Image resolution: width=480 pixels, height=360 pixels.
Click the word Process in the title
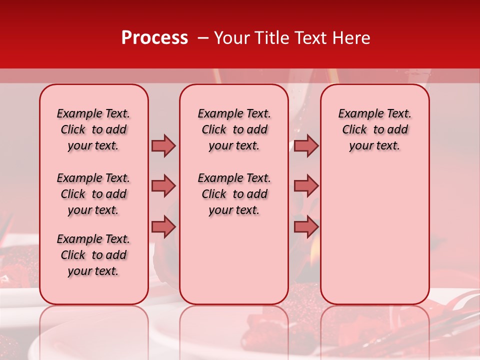coord(154,38)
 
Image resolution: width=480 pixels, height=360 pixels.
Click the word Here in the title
coord(352,38)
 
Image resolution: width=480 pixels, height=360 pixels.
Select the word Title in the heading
coord(270,38)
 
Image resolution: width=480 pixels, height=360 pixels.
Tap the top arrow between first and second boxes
coord(163,145)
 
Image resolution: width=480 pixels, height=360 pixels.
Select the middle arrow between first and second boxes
coord(163,186)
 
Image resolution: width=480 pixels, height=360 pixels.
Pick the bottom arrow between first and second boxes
coord(163,226)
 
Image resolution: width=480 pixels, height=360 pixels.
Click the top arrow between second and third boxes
coord(306,145)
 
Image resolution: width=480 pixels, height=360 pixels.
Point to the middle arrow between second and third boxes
coord(306,186)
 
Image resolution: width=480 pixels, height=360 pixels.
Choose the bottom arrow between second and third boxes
coord(306,226)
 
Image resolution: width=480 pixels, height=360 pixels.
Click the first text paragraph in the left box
coord(93,129)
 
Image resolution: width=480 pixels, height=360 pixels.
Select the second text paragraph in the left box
coord(93,194)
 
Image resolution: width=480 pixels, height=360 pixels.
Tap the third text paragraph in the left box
coord(93,255)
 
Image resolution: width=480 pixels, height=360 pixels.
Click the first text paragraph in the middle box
coord(234,129)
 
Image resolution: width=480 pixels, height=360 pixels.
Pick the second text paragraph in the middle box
coord(234,194)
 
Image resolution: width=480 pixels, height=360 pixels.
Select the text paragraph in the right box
coord(375,129)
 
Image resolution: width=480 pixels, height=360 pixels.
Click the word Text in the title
coord(311,38)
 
